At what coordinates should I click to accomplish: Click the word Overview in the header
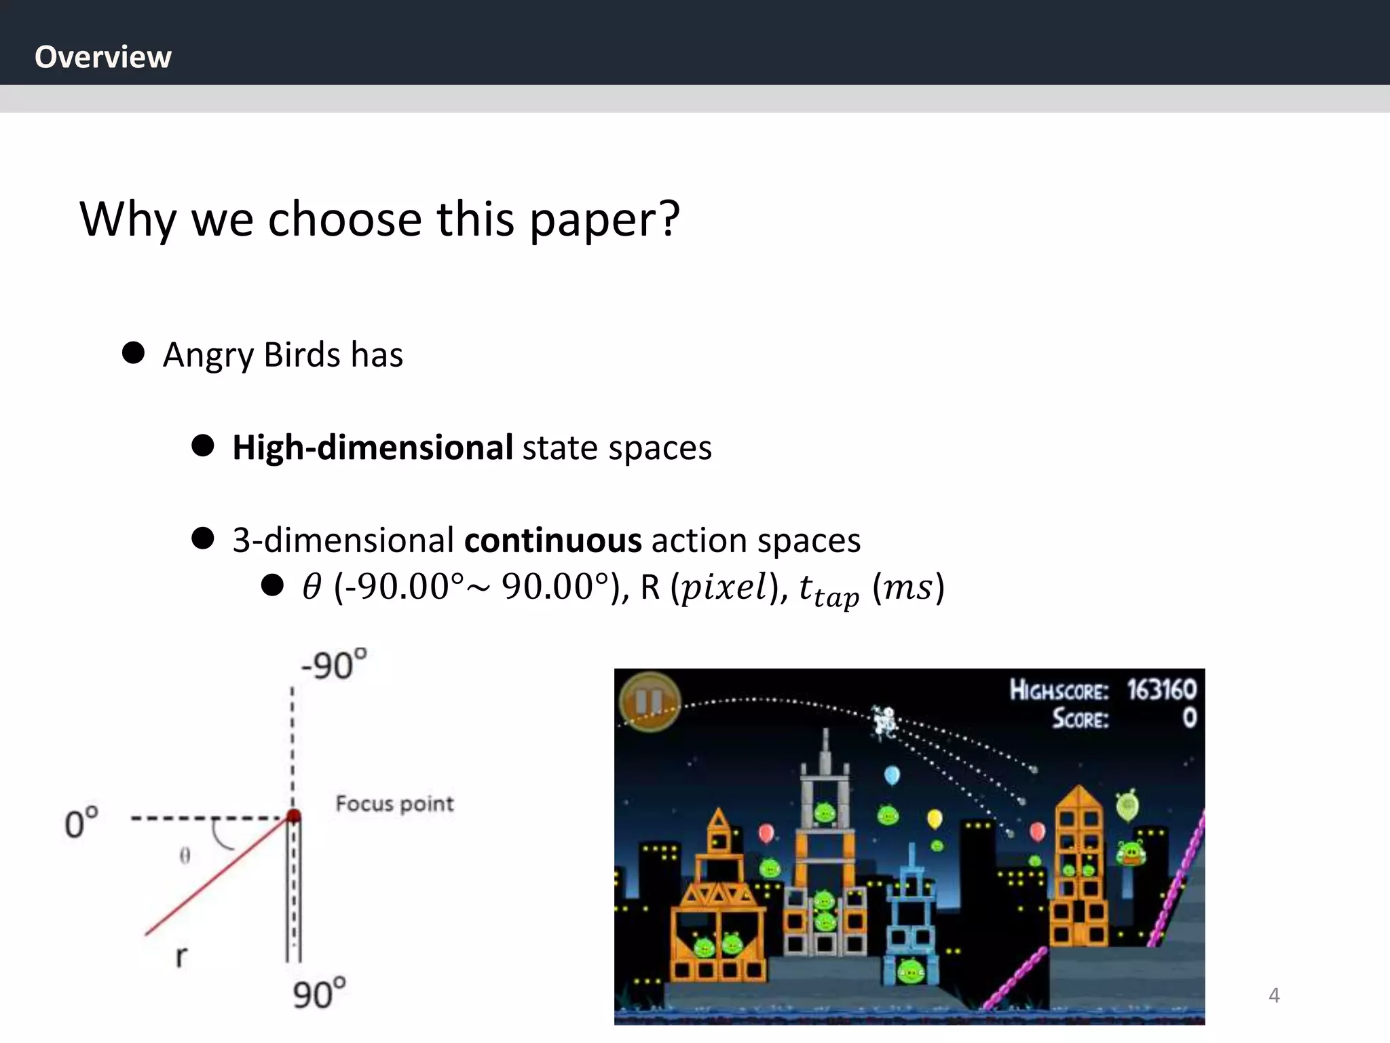[103, 57]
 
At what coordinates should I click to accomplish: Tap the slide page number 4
[1274, 995]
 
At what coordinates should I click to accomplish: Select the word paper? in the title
[604, 220]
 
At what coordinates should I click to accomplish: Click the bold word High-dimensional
[373, 448]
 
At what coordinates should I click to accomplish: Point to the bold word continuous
[552, 541]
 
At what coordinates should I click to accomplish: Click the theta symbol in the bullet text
[312, 587]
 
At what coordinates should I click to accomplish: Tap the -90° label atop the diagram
[333, 665]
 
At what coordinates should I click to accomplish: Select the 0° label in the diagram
[81, 823]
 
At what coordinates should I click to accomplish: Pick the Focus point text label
[394, 804]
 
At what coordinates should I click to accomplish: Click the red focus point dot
[293, 816]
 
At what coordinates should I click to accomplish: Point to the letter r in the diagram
[181, 956]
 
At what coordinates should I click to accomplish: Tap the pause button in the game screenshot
[649, 701]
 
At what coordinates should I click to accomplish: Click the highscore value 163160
[1161, 690]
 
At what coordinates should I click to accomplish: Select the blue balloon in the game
[892, 775]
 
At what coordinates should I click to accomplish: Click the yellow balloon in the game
[935, 819]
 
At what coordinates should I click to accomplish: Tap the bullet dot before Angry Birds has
[134, 352]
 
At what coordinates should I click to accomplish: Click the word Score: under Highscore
[1080, 718]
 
